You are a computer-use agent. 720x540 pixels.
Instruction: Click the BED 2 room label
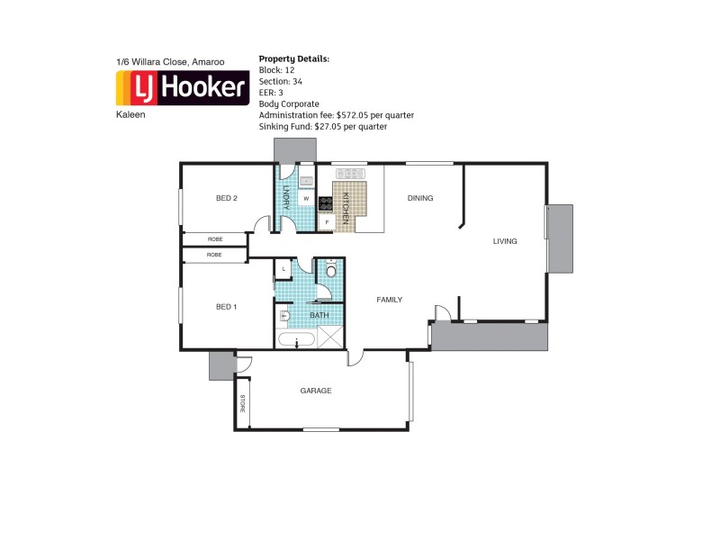pyautogui.click(x=226, y=198)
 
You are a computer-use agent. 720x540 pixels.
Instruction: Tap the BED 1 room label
pyautogui.click(x=226, y=307)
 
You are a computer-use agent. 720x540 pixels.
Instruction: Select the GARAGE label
pyautogui.click(x=316, y=391)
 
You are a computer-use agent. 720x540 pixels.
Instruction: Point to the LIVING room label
pyautogui.click(x=504, y=241)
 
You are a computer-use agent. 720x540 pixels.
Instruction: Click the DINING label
pyautogui.click(x=419, y=198)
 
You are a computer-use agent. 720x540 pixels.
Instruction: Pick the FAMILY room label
pyautogui.click(x=389, y=300)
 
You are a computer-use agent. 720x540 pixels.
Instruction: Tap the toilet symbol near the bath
pyautogui.click(x=330, y=269)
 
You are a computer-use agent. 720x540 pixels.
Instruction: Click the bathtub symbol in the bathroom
pyautogui.click(x=295, y=340)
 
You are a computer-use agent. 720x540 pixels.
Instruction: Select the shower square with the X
pyautogui.click(x=330, y=338)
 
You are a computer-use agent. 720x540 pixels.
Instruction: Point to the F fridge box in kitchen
pyautogui.click(x=328, y=221)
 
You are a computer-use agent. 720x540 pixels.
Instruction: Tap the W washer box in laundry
pyautogui.click(x=306, y=198)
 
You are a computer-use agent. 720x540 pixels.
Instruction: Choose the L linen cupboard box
pyautogui.click(x=283, y=269)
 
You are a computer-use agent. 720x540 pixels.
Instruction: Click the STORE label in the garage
pyautogui.click(x=242, y=404)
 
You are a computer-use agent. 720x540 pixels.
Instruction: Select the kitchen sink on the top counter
pyautogui.click(x=306, y=180)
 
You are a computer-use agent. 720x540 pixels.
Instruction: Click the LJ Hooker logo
pyautogui.click(x=183, y=88)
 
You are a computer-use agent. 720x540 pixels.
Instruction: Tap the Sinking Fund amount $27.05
pyautogui.click(x=331, y=127)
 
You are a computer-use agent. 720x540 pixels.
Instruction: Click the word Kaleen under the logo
pyautogui.click(x=130, y=115)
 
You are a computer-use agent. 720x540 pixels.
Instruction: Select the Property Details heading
pyautogui.click(x=294, y=58)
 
